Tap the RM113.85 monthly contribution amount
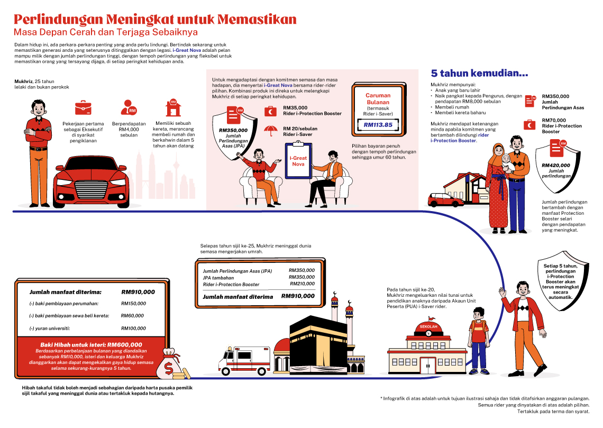pos(378,125)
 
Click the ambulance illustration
pos(244,360)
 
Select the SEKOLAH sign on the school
pos(428,326)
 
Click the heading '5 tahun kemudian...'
pos(480,74)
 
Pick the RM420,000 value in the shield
pos(555,165)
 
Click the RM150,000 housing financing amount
pos(133,304)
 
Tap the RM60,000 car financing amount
pos(132,316)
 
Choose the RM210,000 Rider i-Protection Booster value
pos(302,284)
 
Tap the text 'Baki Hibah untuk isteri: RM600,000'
pos(92,344)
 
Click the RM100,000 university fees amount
pos(133,329)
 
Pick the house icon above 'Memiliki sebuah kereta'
pos(172,107)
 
